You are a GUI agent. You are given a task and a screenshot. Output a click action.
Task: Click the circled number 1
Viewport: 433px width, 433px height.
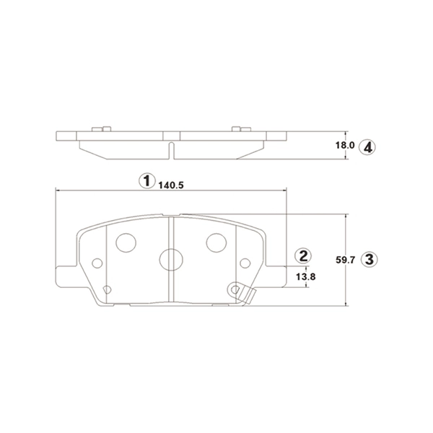tap(146, 180)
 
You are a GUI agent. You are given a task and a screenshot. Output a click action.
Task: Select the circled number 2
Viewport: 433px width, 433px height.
tap(304, 255)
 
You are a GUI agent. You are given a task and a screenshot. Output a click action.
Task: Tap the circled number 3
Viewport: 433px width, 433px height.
tap(369, 259)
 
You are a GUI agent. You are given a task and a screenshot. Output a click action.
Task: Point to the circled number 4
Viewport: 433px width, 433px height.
tap(368, 146)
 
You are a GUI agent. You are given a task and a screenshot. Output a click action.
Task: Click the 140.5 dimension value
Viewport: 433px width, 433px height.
tap(171, 184)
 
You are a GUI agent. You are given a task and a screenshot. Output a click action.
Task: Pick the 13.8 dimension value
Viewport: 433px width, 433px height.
tap(306, 276)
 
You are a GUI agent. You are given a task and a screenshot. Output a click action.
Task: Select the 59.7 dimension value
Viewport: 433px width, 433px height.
tap(349, 260)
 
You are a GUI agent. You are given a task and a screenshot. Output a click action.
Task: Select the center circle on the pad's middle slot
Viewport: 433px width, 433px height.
tap(170, 259)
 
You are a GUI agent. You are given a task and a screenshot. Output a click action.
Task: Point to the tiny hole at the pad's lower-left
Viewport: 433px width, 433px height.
tap(107, 290)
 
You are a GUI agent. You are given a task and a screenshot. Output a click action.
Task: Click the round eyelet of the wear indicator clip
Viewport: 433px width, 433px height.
tap(235, 289)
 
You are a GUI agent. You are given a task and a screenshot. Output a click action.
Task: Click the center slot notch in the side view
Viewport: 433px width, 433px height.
tap(171, 149)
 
